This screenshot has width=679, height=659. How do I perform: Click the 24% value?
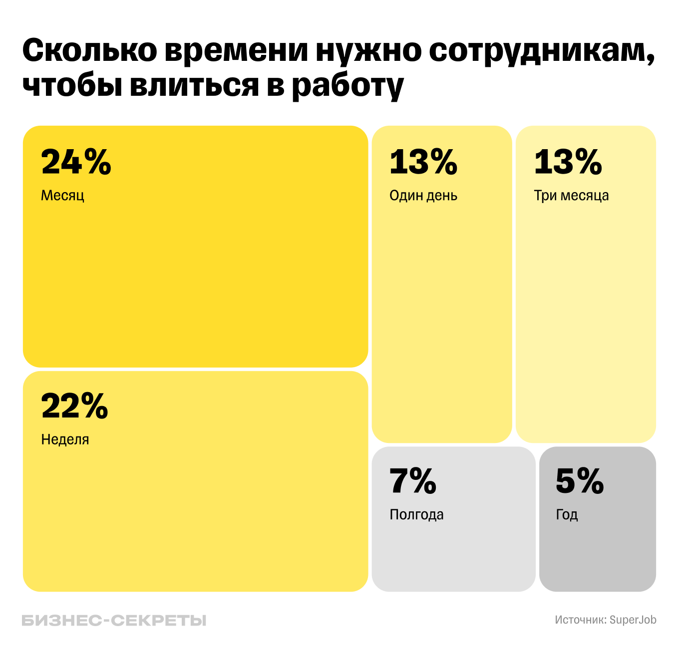pos(76,162)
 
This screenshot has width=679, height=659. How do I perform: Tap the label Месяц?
pos(62,195)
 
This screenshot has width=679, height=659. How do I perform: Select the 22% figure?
pos(74,406)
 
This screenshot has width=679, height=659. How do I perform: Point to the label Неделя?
pos(65,439)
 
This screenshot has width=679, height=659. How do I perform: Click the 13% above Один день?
pos(423,162)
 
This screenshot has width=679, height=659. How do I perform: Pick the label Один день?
pos(423,195)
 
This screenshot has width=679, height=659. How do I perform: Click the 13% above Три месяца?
pos(568,162)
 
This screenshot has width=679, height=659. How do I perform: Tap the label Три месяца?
pos(571,195)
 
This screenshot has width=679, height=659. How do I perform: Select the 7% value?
pos(413,481)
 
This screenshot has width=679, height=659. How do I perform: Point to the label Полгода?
pos(416,514)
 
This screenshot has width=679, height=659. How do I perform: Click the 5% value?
pos(580,481)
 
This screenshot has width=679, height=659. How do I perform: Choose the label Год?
pos(567,514)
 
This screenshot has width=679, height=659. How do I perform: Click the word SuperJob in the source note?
pos(633,620)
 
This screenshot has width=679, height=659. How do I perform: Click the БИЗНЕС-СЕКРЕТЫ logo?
pos(114,621)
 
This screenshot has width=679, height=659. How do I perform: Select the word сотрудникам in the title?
pos(542,51)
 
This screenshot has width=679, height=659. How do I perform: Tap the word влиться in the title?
pos(194,85)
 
